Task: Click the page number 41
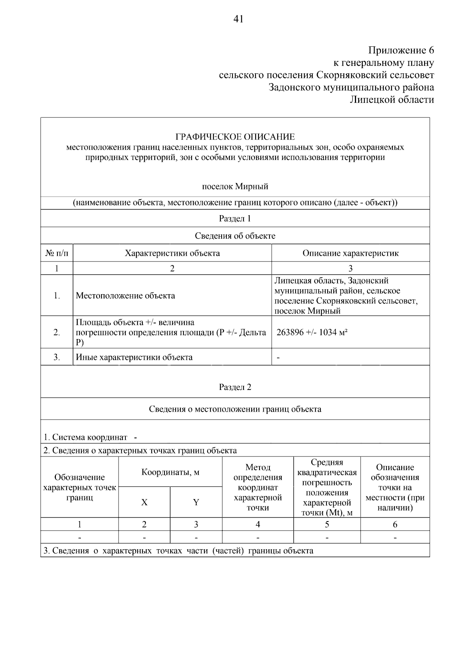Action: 238,19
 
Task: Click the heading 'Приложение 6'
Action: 401,50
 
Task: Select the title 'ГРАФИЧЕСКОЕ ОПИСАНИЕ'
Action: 235,136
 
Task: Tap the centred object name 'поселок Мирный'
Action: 235,187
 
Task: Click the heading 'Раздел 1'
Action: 235,219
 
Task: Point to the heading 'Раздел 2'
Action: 235,387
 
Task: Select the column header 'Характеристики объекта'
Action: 172,253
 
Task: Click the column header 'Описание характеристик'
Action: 350,253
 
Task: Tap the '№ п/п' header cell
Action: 57,253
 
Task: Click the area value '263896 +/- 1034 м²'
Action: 312,333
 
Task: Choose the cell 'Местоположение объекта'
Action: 125,296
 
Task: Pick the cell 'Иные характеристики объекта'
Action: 134,357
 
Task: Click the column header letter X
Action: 144,502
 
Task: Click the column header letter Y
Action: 196,502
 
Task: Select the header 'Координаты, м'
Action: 170,472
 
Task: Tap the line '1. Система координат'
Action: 85,437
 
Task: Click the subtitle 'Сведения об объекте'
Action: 235,236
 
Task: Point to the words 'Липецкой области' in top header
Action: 391,100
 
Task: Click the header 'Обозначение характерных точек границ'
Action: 79,487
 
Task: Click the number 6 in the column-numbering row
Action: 395,525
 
